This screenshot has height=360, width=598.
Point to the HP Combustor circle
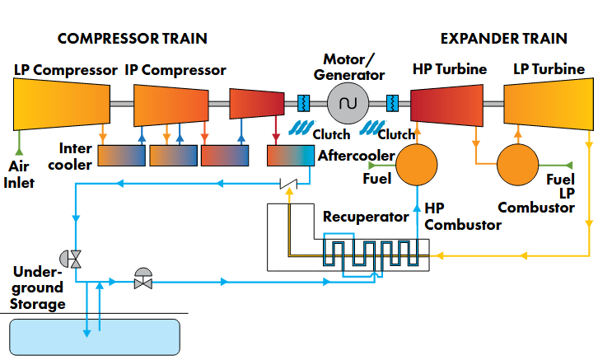419,165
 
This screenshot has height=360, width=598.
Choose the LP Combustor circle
520,165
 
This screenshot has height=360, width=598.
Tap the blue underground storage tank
95,336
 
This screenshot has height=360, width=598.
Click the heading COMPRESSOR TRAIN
132,39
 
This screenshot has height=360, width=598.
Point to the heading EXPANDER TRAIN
503,39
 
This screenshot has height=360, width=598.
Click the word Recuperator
366,217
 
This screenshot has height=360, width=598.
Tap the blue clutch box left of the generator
303,104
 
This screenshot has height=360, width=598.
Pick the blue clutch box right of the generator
392,104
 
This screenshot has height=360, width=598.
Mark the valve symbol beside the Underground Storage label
75,258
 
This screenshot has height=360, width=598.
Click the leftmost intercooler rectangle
121,156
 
